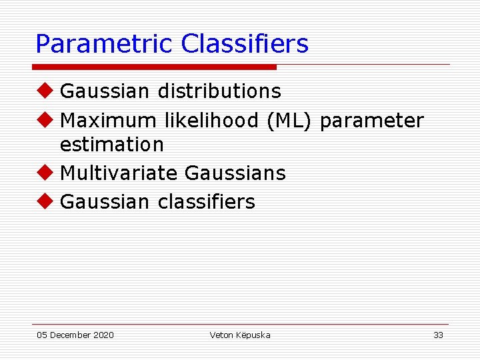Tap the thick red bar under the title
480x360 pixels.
click(x=155, y=67)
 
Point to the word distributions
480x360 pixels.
click(x=219, y=91)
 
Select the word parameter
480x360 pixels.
click(x=372, y=121)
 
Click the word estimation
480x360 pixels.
click(x=111, y=144)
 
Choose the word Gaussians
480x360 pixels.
click(x=235, y=173)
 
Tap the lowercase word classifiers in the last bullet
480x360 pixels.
click(x=206, y=202)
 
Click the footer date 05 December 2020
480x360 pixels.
click(x=75, y=335)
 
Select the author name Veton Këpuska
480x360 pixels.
click(x=240, y=335)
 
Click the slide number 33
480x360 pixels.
click(x=438, y=335)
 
